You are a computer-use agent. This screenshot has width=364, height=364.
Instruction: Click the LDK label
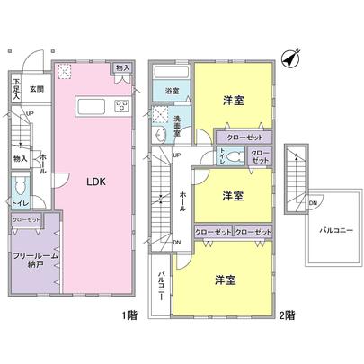coord(96,181)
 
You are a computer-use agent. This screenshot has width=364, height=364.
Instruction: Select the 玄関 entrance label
coord(36,88)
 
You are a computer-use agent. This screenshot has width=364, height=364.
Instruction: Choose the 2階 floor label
coord(287,316)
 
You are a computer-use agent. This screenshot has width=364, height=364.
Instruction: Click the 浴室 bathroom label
coord(170,91)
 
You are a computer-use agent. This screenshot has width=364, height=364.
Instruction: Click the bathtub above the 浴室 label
coord(172,70)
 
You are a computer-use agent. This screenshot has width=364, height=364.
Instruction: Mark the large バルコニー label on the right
coord(334,231)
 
